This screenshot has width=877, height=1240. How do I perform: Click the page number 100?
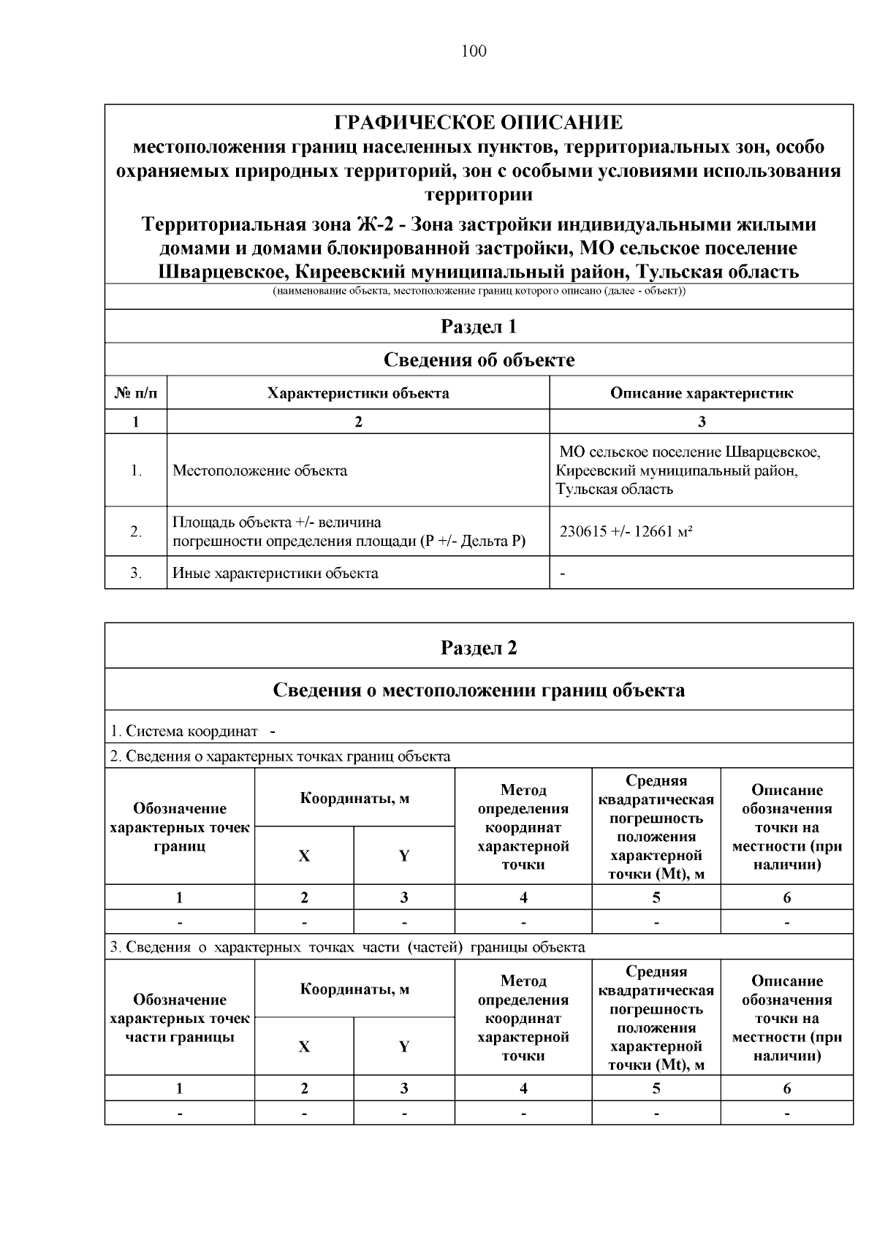(474, 51)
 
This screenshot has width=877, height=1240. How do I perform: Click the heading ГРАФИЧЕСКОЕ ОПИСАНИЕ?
(479, 122)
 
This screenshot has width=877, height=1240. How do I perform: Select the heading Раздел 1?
(479, 327)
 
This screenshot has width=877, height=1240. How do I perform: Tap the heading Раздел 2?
(479, 648)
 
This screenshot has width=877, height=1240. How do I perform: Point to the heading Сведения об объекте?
(479, 360)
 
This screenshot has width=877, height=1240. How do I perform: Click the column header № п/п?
(136, 394)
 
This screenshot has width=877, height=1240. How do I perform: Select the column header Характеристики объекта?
(358, 394)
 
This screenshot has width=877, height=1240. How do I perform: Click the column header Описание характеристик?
(701, 394)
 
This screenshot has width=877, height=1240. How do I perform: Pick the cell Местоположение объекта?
(259, 471)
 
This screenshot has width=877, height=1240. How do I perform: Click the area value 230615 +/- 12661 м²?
(626, 532)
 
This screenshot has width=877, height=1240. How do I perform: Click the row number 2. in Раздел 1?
(136, 532)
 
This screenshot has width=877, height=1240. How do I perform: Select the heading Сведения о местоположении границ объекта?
(479, 690)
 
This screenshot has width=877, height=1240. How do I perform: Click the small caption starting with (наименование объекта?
(479, 292)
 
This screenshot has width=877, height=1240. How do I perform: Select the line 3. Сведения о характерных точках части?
(347, 947)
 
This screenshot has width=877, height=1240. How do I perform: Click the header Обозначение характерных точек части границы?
(180, 1018)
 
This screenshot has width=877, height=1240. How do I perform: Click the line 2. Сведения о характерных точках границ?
(280, 756)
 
